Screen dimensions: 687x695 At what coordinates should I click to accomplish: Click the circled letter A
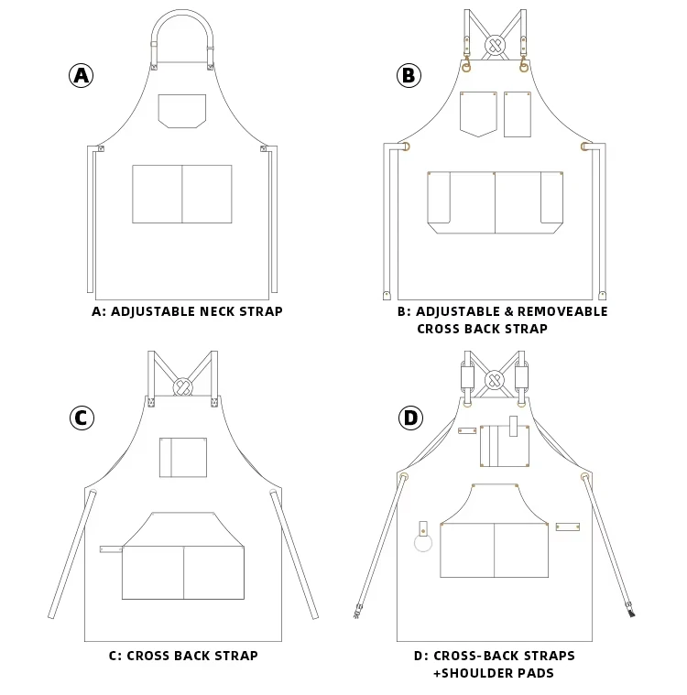[82, 75]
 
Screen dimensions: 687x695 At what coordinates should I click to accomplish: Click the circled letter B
[409, 75]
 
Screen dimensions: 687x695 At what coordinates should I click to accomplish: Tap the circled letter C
[82, 418]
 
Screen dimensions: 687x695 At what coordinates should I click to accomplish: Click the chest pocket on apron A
[181, 110]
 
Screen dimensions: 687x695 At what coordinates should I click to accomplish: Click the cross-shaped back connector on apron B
[495, 43]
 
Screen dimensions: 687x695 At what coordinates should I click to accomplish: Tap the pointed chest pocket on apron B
[478, 114]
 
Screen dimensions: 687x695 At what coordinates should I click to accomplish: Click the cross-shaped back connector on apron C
[183, 386]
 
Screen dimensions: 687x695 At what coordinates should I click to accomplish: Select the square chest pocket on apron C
[183, 457]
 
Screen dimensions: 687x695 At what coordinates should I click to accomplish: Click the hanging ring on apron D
[424, 544]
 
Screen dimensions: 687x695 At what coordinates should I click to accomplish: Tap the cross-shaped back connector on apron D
[495, 378]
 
